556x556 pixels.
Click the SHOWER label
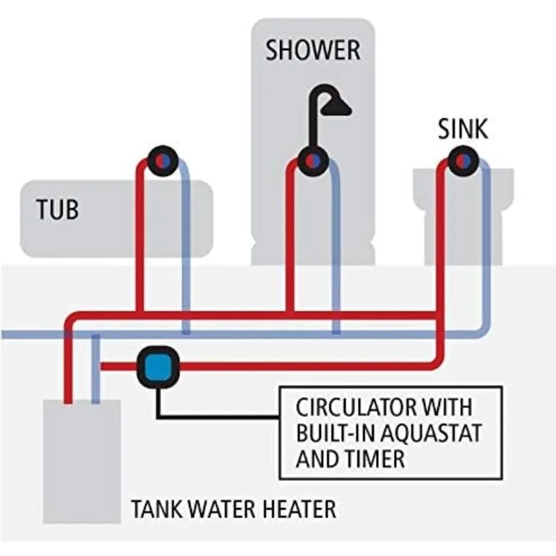pos(313,51)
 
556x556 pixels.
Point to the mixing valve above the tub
pos(163,161)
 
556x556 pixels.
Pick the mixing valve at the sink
pos(462,161)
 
